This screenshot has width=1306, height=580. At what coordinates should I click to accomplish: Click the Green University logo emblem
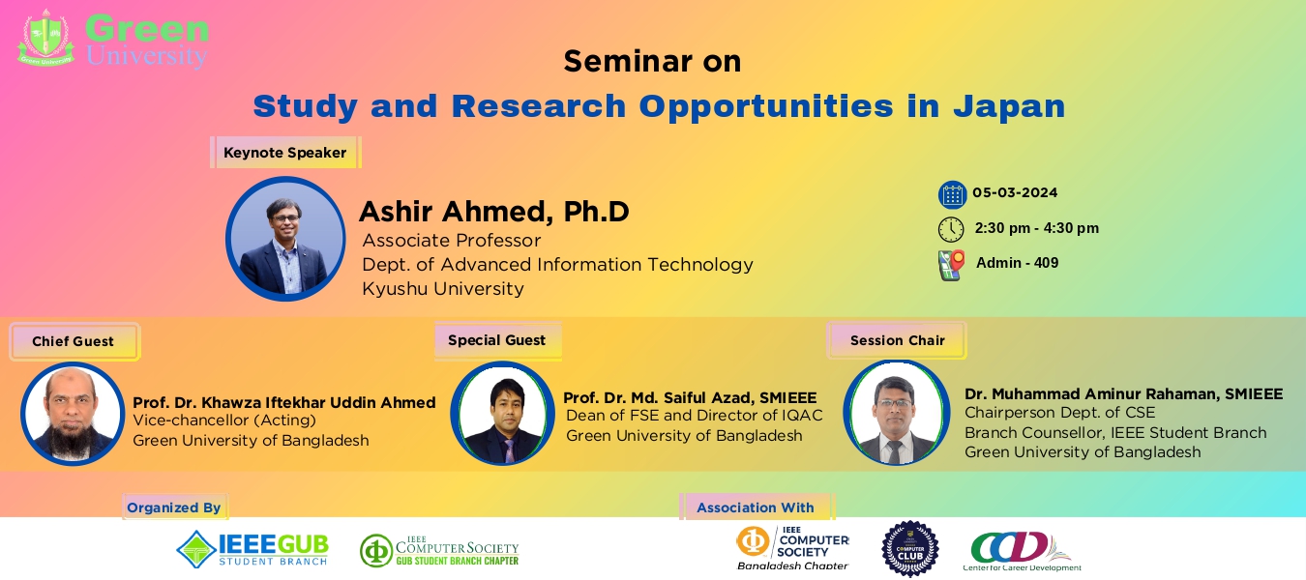pos(45,39)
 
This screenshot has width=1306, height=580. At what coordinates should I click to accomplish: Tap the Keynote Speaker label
pos(284,153)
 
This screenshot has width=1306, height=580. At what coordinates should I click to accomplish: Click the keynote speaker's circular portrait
pos(285,239)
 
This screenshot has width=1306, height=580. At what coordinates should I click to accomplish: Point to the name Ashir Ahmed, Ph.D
pos(493,212)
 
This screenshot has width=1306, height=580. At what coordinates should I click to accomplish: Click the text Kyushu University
pos(442,288)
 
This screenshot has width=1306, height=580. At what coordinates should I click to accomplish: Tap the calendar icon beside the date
pos(952,194)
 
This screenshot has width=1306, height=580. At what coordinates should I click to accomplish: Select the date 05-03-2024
pos(1015,191)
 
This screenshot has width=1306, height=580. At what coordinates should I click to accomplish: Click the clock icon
pos(951,229)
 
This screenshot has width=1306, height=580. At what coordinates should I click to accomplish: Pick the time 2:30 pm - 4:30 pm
pos(1036,228)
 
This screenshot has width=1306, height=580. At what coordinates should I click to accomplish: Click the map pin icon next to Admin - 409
pos(952,265)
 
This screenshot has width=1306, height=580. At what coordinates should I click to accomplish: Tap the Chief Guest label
pos(73,341)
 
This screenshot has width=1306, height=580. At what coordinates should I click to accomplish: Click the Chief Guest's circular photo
pos(73,414)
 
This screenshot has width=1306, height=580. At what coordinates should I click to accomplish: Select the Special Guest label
pos(496,340)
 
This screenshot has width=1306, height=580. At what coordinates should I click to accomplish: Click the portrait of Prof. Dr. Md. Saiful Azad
pos(502,414)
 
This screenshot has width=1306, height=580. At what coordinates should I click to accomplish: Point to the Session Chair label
pos(897,340)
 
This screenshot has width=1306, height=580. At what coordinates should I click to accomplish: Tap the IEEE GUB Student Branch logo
pos(252,549)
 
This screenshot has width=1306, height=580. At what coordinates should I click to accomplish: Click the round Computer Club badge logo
pos(909,548)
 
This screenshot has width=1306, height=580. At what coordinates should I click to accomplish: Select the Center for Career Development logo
pos(1022,551)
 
